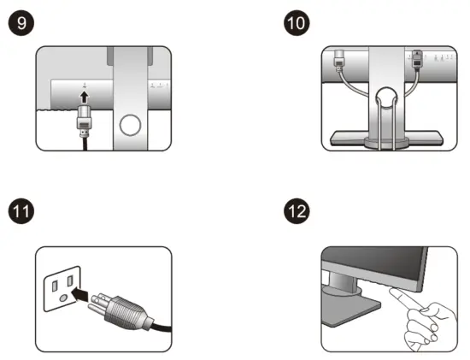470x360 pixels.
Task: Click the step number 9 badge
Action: [21, 23]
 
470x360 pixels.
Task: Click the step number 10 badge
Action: [297, 23]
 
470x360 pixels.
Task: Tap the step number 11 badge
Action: [21, 211]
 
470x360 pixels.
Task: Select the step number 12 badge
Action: [297, 211]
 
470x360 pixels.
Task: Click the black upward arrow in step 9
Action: [85, 97]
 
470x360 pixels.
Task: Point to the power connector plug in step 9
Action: [84, 121]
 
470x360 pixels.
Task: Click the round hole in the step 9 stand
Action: [130, 125]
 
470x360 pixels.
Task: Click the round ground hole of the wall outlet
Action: [63, 298]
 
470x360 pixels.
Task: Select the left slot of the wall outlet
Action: [55, 286]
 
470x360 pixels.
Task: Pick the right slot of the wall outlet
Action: [70, 280]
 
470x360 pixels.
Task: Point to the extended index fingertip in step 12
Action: [392, 290]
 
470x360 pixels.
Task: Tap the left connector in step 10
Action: [339, 61]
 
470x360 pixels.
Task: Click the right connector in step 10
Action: [417, 59]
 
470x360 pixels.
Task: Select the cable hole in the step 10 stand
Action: [386, 97]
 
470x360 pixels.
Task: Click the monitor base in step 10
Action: [386, 139]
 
